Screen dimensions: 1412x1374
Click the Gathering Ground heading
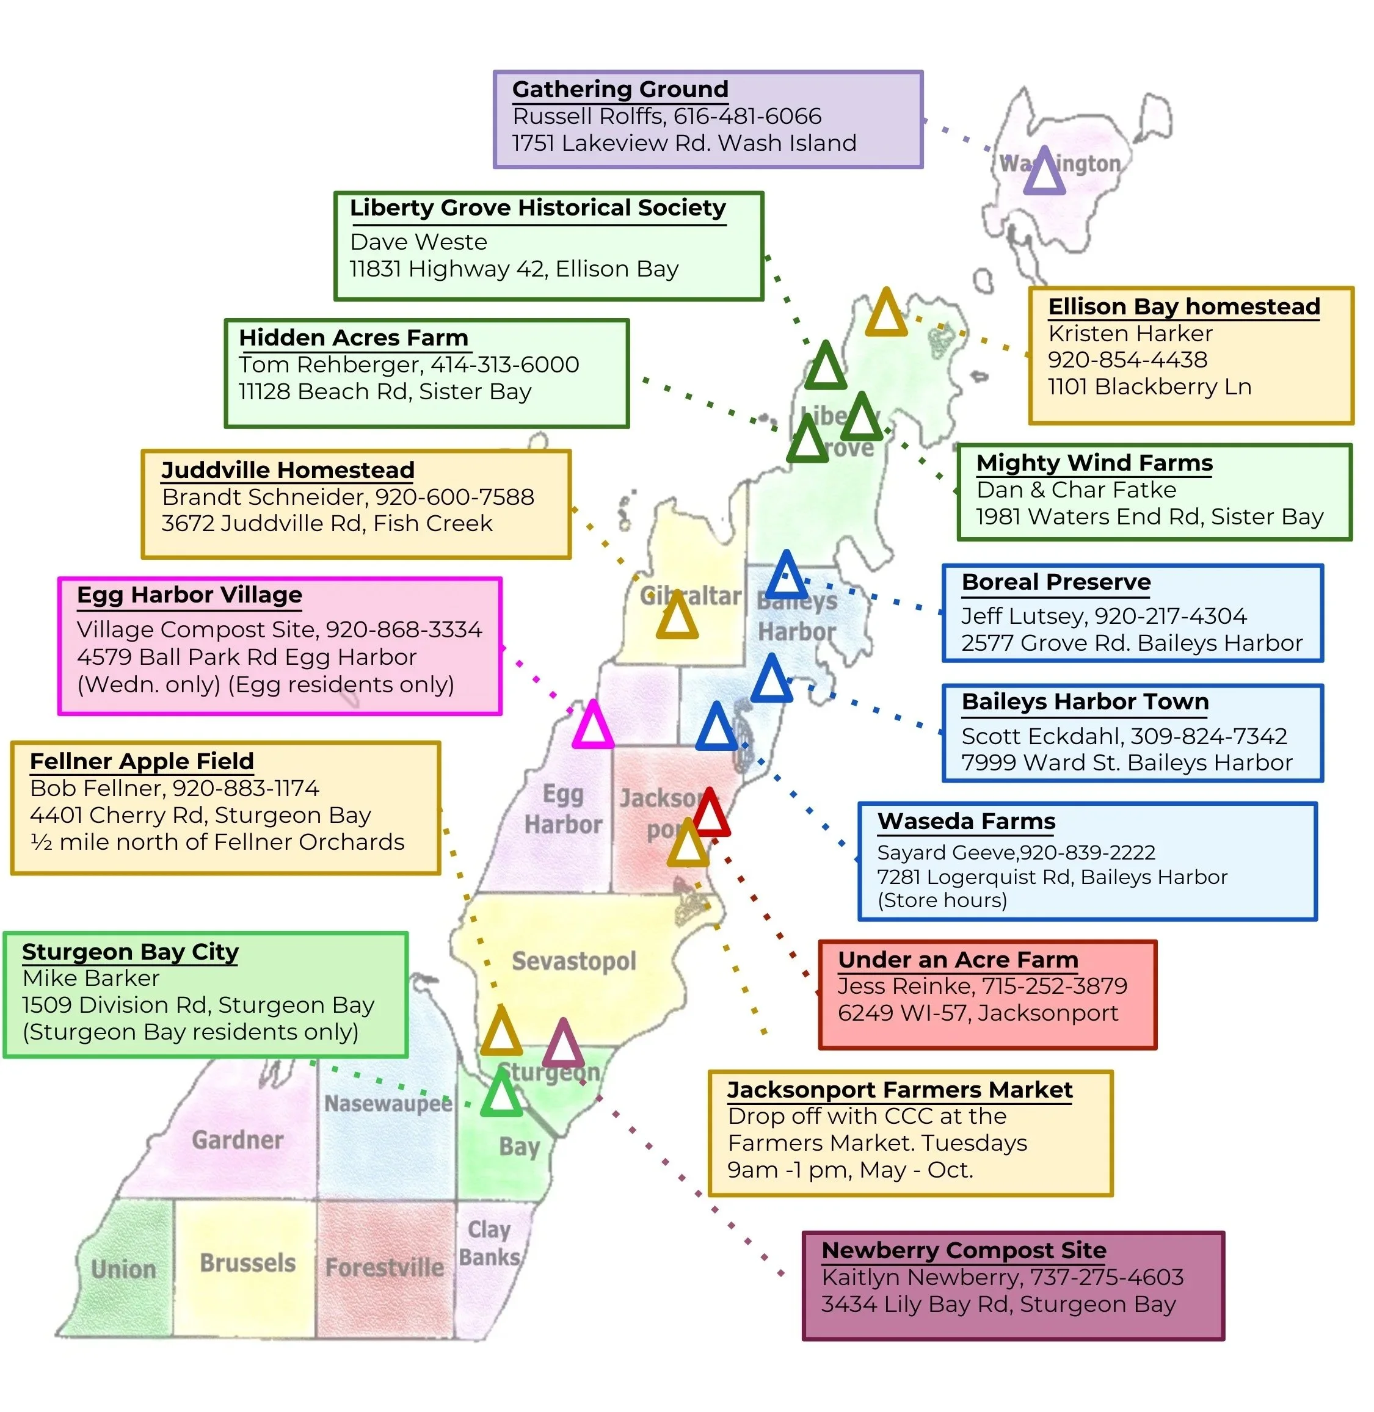(x=620, y=90)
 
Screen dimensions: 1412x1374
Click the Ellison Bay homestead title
(x=1183, y=306)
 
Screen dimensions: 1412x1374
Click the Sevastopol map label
(x=573, y=961)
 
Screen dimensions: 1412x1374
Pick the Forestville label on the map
(x=385, y=1267)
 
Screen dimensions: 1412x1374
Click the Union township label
(x=123, y=1269)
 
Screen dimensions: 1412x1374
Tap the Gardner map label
(x=238, y=1140)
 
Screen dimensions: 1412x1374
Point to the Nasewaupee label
(x=388, y=1103)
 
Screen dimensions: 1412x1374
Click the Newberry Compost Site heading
(x=964, y=1250)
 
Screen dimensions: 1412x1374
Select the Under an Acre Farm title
(x=958, y=960)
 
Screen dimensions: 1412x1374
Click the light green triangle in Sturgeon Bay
(x=501, y=1094)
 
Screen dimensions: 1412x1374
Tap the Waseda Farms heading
(x=965, y=821)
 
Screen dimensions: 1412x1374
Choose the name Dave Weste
(x=418, y=242)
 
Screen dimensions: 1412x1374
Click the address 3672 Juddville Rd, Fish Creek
(x=327, y=523)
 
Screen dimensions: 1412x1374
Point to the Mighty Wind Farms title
(x=1094, y=463)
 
